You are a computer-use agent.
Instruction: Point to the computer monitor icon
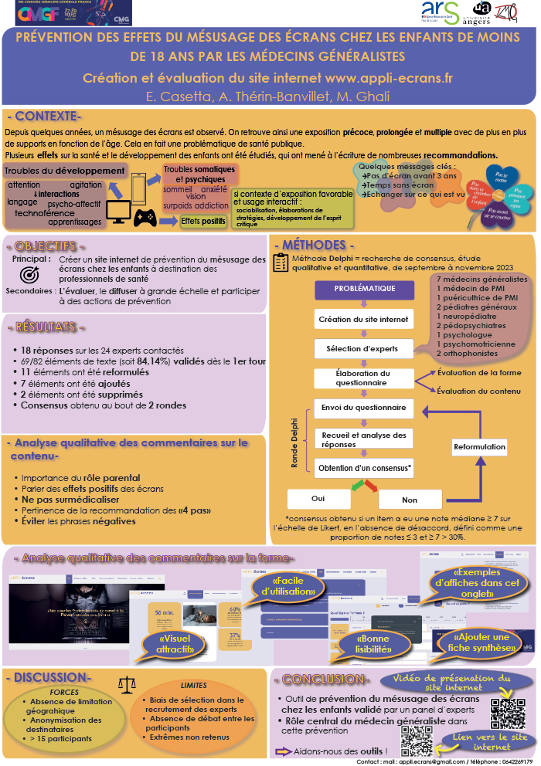(x=118, y=211)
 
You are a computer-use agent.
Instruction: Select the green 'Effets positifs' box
(x=203, y=221)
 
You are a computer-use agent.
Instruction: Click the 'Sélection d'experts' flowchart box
(x=362, y=348)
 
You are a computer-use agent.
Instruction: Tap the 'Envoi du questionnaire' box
(x=362, y=407)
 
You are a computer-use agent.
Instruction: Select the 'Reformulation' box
(x=479, y=447)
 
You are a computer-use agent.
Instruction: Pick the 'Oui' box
(x=318, y=499)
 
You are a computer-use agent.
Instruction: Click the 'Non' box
(x=409, y=500)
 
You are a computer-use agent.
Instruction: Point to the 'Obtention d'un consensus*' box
(x=365, y=467)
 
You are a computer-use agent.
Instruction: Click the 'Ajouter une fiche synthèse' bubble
(x=485, y=642)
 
